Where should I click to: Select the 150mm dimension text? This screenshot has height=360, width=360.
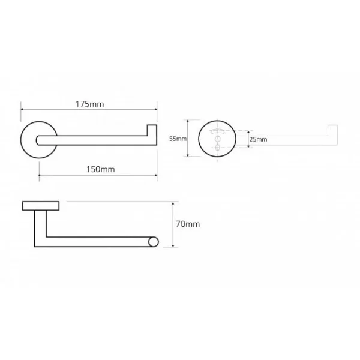(101, 169)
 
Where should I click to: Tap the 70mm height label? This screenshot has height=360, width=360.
(188, 224)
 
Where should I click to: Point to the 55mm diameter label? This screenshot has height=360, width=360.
(178, 139)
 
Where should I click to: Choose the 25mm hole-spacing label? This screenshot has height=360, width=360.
(258, 139)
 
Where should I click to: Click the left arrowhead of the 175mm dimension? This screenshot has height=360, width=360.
(22, 109)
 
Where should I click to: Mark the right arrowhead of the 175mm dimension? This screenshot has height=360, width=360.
(155, 109)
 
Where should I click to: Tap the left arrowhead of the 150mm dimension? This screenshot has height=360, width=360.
(40, 175)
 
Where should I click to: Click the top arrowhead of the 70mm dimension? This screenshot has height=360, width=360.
(173, 203)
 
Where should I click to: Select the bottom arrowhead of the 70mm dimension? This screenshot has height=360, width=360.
(173, 245)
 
